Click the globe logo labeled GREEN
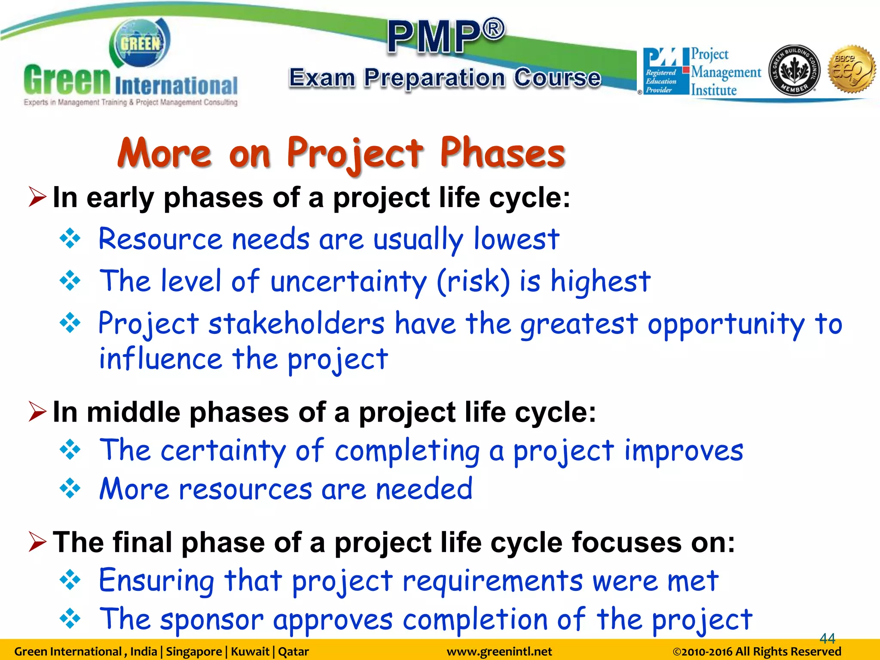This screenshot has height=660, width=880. click(140, 43)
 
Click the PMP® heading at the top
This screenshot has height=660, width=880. click(446, 36)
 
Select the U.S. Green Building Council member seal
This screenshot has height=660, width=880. click(794, 70)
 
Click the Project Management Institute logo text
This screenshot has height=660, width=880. click(725, 72)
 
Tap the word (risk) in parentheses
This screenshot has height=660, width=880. click(473, 281)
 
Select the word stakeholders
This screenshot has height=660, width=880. click(296, 324)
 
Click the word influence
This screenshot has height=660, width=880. click(160, 359)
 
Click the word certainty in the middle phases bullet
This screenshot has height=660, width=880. click(223, 451)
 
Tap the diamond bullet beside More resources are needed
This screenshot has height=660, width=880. click(70, 489)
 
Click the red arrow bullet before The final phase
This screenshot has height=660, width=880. click(37, 542)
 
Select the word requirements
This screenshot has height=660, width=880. click(492, 581)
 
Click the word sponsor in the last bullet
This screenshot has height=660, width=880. click(212, 620)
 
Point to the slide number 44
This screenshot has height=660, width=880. click(827, 638)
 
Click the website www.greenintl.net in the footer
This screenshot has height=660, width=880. click(499, 652)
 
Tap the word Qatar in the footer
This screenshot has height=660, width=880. click(293, 652)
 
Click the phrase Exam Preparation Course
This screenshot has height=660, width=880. click(445, 78)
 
